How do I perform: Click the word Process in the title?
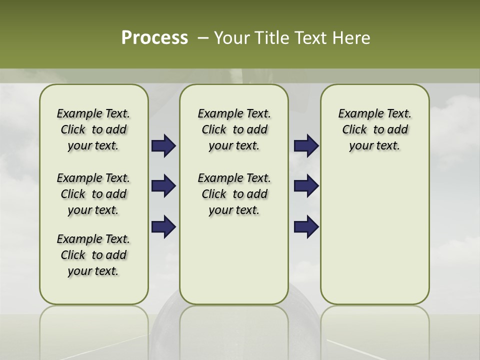pyautogui.click(x=154, y=38)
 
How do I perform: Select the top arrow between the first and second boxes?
pyautogui.click(x=163, y=145)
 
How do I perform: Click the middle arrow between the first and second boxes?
pyautogui.click(x=163, y=186)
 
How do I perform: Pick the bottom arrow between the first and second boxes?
pyautogui.click(x=163, y=226)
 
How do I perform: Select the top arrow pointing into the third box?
pyautogui.click(x=306, y=145)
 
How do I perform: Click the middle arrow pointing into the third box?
pyautogui.click(x=306, y=186)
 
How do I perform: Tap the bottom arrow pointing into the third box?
pyautogui.click(x=306, y=226)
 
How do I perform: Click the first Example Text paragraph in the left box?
pyautogui.click(x=93, y=129)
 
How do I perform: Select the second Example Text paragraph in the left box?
pyautogui.click(x=93, y=194)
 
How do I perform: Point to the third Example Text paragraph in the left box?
pyautogui.click(x=93, y=255)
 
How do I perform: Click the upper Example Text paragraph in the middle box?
pyautogui.click(x=234, y=129)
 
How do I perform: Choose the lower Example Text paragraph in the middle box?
pyautogui.click(x=234, y=194)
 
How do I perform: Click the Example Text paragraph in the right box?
pyautogui.click(x=374, y=129)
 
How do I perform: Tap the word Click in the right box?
pyautogui.click(x=354, y=130)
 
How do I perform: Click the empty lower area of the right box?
pyautogui.click(x=374, y=235)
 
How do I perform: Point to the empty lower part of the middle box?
pyautogui.click(x=234, y=265)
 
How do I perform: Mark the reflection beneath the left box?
pyautogui.click(x=94, y=330)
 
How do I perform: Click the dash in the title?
pyautogui.click(x=203, y=38)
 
